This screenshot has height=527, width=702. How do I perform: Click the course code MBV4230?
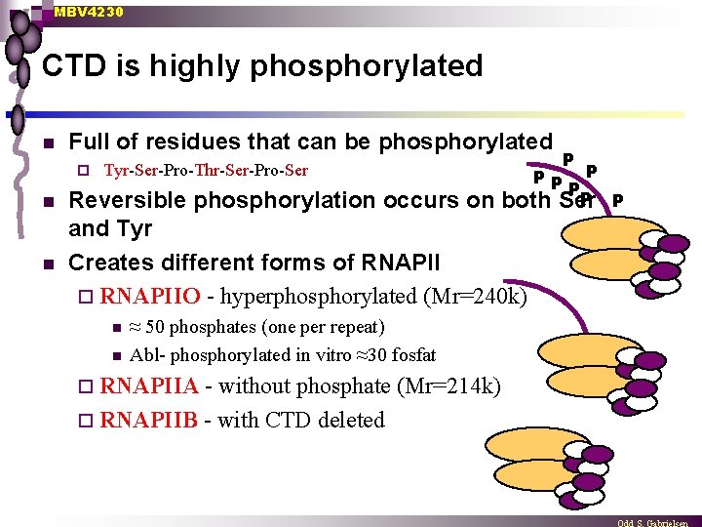pyautogui.click(x=89, y=12)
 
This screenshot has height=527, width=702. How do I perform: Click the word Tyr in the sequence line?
pyautogui.click(x=116, y=171)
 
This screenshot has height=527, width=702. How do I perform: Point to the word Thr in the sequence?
pyautogui.click(x=207, y=171)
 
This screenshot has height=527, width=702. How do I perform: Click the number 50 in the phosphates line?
pyautogui.click(x=155, y=326)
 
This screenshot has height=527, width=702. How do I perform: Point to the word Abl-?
pyautogui.click(x=148, y=355)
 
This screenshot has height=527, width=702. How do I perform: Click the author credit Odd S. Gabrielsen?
pyautogui.click(x=657, y=521)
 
